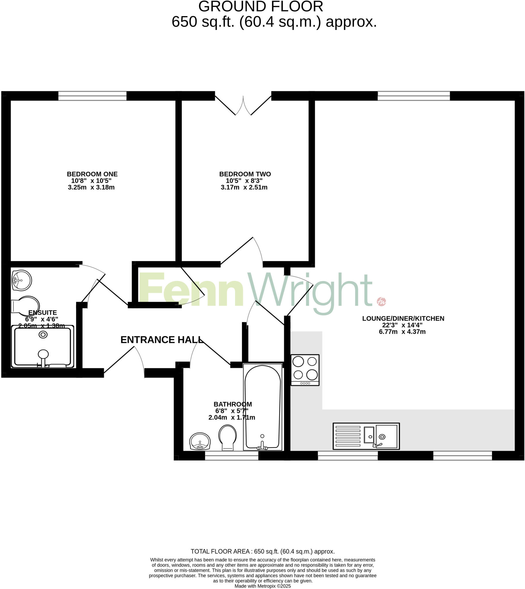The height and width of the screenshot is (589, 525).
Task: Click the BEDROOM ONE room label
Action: (x=92, y=174)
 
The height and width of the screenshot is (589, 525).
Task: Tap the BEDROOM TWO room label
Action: (x=245, y=174)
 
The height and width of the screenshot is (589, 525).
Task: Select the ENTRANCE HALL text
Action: (x=162, y=340)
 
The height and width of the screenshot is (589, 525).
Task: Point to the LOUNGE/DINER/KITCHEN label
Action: (x=403, y=318)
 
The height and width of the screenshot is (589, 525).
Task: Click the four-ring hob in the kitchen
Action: (x=305, y=370)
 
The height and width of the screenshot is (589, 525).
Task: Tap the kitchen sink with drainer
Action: (x=366, y=436)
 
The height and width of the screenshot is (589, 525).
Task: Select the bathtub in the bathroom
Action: (x=262, y=407)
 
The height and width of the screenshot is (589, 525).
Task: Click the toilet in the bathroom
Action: (x=228, y=437)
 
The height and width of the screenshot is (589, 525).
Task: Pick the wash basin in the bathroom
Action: (x=200, y=441)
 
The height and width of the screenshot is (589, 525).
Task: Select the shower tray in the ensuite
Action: (x=43, y=347)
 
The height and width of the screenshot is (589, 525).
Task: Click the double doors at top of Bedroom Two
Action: (x=243, y=105)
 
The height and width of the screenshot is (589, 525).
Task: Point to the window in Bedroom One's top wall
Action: (x=92, y=96)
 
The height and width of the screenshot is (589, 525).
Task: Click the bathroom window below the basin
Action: (x=232, y=456)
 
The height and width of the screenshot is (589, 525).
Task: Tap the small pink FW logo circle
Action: (x=381, y=302)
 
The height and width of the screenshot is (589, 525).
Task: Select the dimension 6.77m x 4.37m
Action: (x=402, y=332)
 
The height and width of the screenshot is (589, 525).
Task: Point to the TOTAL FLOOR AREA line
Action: (x=262, y=552)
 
